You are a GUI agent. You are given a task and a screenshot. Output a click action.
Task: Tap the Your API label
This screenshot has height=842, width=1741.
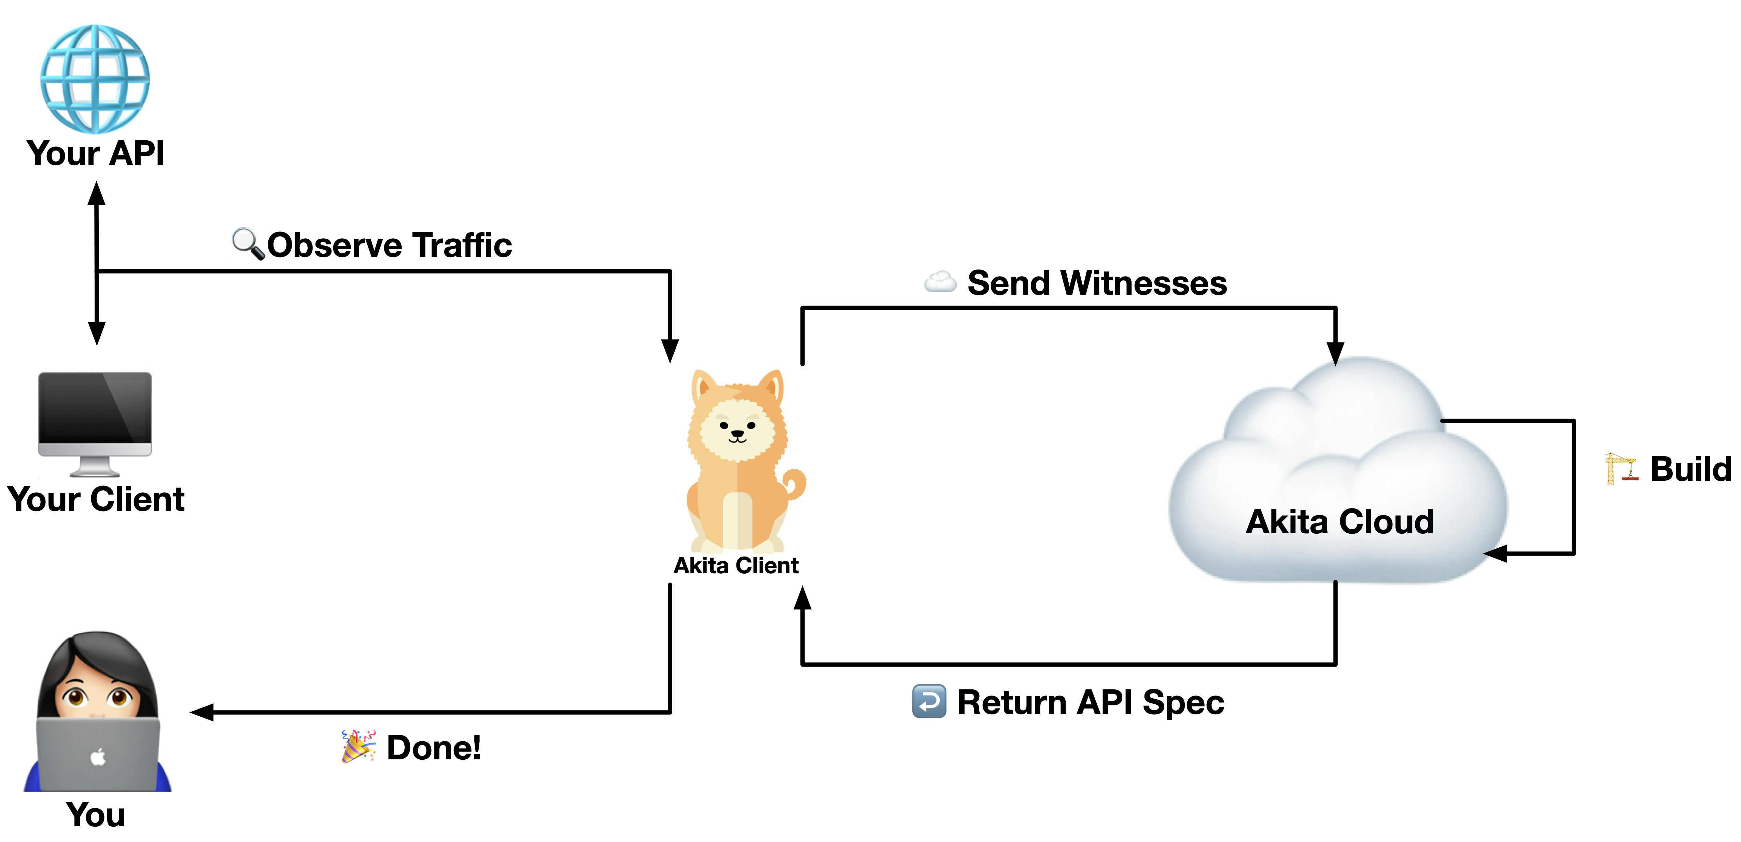click(95, 153)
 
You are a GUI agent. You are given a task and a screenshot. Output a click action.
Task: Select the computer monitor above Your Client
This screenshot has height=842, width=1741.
click(95, 422)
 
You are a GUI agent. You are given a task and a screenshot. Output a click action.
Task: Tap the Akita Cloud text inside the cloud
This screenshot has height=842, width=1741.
click(1339, 522)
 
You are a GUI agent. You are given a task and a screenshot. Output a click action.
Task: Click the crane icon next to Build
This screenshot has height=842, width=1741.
click(1621, 468)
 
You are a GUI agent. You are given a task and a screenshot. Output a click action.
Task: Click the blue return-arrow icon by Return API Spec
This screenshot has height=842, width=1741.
click(929, 701)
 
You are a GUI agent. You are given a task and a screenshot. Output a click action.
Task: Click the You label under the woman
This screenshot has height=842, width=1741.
click(95, 814)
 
